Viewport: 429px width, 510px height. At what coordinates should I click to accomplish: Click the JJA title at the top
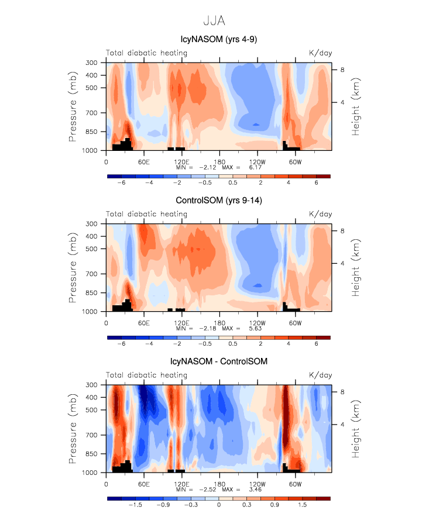214,21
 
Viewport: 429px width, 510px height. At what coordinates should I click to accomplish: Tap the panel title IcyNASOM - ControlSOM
218,361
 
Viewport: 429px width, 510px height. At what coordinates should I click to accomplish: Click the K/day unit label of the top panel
320,53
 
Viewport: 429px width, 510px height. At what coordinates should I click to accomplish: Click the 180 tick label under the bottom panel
219,483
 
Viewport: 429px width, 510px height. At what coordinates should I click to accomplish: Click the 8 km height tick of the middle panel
344,231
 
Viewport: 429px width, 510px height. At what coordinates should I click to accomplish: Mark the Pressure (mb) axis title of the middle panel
73,267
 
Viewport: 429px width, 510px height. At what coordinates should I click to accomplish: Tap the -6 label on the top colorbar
121,182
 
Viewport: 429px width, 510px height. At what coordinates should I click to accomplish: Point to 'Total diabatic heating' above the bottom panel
146,375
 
